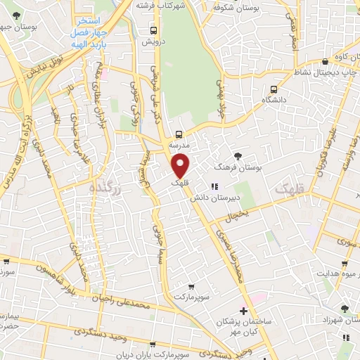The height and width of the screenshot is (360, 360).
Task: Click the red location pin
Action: point(181,165)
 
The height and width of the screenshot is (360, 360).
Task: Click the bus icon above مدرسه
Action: point(179,133)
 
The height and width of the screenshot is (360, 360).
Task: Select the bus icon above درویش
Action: point(153,30)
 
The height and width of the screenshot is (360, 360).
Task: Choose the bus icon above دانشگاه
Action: point(274,89)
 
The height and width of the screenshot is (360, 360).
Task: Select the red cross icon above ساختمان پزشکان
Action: point(243,311)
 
